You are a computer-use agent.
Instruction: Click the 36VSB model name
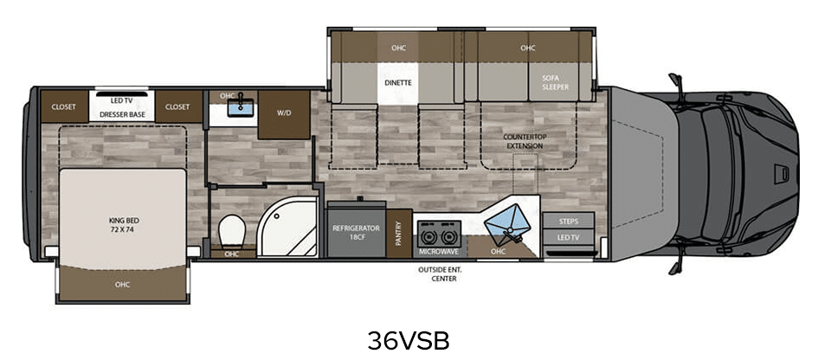408,341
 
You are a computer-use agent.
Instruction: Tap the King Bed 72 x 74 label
122,224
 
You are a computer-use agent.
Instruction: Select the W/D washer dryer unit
284,115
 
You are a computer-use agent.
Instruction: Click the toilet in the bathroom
232,232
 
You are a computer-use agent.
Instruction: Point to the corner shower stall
287,227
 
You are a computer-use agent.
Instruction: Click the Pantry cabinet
399,233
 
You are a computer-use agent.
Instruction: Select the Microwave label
439,252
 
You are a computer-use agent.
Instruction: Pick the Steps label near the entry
568,222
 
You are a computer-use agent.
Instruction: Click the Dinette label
398,82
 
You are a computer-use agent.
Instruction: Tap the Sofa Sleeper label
555,82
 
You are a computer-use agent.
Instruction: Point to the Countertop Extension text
523,141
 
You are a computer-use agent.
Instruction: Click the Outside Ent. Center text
440,274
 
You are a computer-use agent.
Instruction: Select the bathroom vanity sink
241,107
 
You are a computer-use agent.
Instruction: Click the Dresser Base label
122,114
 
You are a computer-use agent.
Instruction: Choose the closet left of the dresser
64,107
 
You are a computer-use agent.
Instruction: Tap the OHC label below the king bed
122,285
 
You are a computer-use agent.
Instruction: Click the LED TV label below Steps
568,237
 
